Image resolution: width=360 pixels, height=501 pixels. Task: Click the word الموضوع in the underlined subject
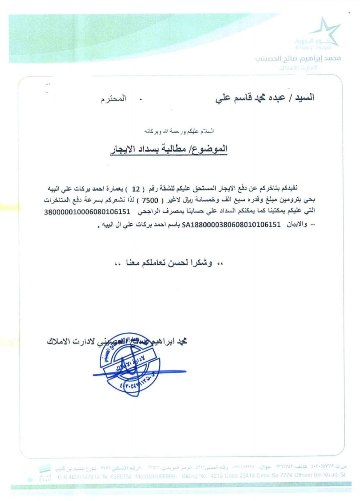tap(212, 150)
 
